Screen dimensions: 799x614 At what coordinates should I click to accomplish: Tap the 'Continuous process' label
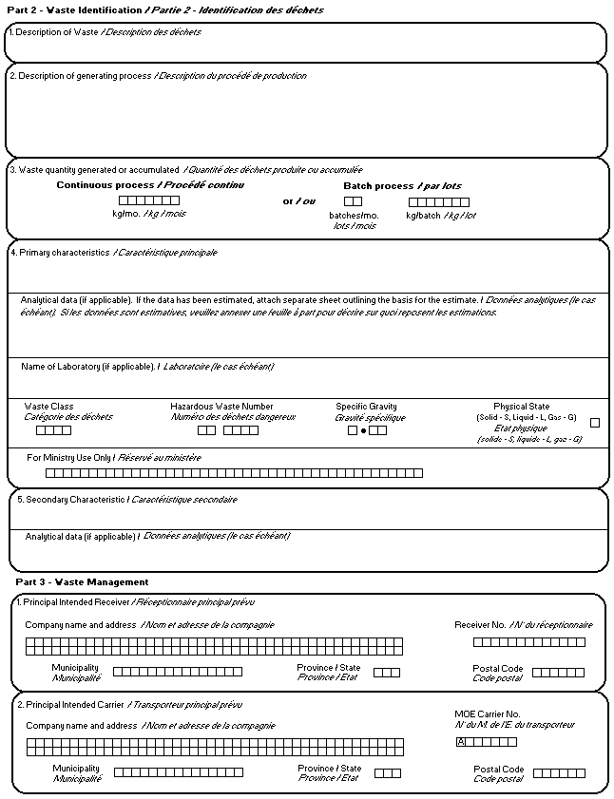(106, 185)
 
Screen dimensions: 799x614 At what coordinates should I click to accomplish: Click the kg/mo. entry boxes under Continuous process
(148, 200)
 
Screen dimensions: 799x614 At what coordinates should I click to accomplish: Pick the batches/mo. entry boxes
(353, 201)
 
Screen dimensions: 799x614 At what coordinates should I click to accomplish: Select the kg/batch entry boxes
(438, 202)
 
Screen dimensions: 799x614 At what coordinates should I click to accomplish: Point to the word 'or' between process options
(289, 201)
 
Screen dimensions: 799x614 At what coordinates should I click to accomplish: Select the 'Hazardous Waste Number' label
(221, 407)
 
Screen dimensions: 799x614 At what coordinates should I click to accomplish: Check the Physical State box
(595, 423)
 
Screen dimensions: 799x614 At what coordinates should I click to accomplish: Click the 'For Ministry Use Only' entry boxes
(234, 473)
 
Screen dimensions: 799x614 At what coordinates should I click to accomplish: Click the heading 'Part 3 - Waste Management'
(82, 581)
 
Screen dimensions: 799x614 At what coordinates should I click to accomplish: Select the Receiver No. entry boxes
(528, 642)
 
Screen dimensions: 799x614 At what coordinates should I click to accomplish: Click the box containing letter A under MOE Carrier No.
(461, 742)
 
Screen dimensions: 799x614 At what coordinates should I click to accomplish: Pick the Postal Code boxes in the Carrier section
(559, 773)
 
